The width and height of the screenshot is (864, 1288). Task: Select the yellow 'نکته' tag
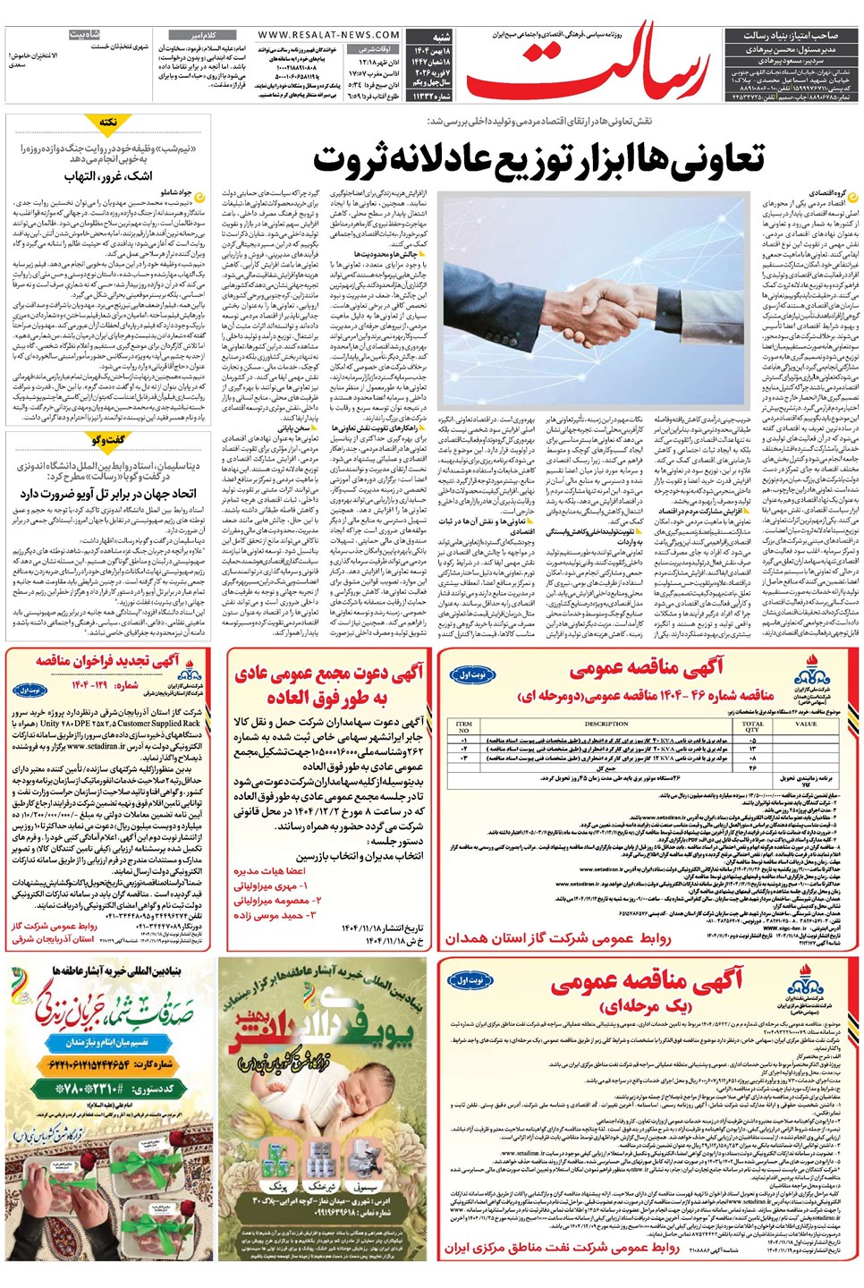coord(108,123)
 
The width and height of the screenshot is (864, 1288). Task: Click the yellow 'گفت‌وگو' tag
coord(108,439)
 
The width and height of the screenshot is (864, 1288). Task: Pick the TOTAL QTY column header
coord(753,725)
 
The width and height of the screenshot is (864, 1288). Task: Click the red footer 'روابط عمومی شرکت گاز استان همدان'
coord(558,937)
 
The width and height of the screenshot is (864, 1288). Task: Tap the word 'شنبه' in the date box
coord(442,38)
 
